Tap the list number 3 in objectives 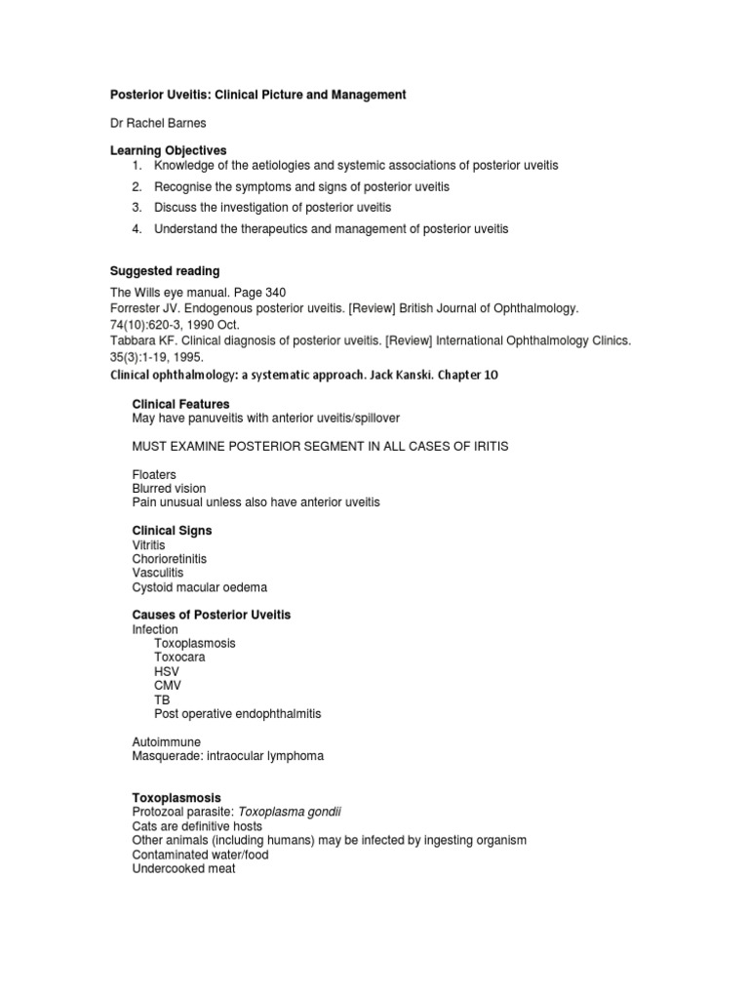click(x=138, y=208)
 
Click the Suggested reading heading click(x=163, y=270)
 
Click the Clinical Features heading click(x=180, y=403)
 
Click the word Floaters click(x=154, y=474)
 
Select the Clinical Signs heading click(x=172, y=531)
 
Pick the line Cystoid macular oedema click(x=199, y=587)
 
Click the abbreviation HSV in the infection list click(x=167, y=672)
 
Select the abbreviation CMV click(x=168, y=686)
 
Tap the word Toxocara click(x=181, y=658)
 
